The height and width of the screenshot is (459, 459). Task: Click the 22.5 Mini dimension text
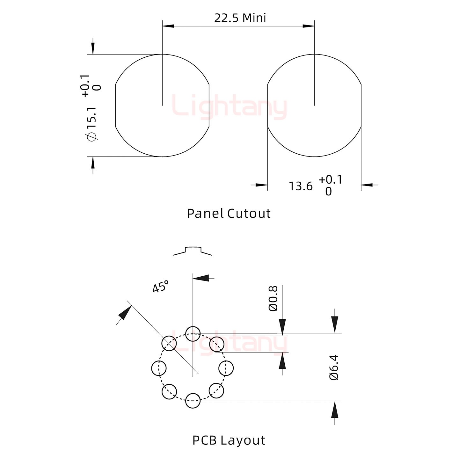[240, 18]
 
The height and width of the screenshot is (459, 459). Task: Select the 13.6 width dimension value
[300, 186]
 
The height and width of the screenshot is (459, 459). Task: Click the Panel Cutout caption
[229, 214]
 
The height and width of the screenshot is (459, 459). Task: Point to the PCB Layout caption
[229, 440]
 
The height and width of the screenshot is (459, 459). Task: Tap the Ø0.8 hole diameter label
[273, 298]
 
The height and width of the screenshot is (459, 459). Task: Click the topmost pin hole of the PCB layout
[193, 334]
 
